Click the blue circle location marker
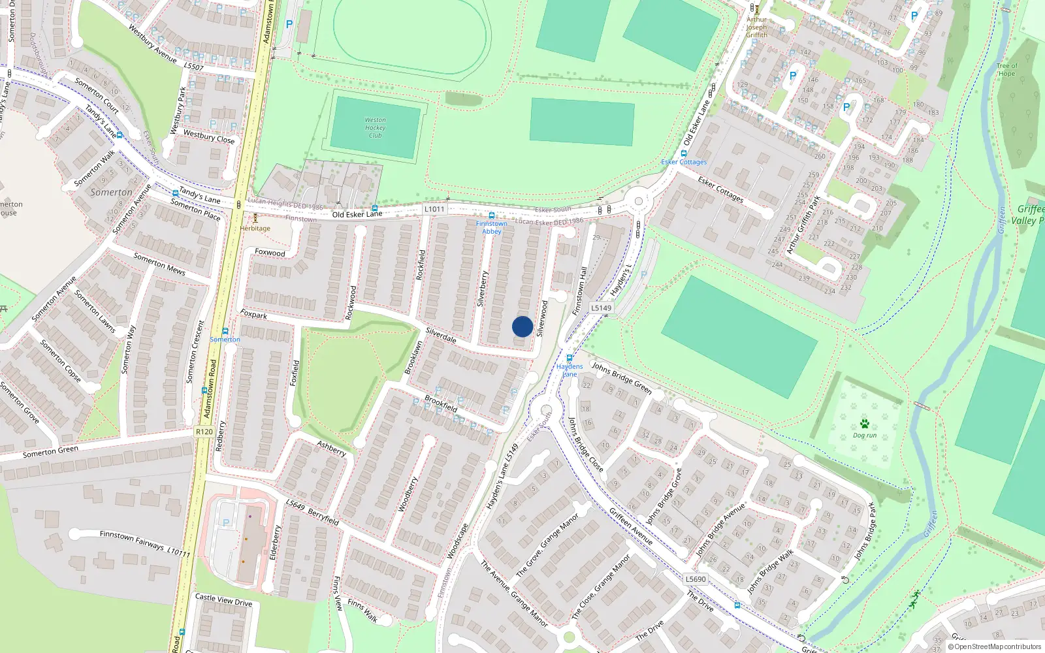click(522, 326)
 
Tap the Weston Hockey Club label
click(375, 128)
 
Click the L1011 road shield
click(434, 209)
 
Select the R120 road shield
click(204, 432)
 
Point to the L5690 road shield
click(696, 579)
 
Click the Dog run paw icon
click(865, 424)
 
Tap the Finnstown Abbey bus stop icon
click(491, 215)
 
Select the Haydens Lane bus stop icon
click(570, 358)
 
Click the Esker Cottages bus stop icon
click(684, 154)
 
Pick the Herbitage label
click(255, 229)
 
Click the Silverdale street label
click(441, 336)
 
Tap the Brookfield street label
click(441, 404)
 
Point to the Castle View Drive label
click(223, 599)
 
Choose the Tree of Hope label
click(1006, 70)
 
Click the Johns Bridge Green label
click(622, 377)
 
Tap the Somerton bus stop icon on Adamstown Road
click(225, 331)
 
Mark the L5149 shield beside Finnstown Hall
click(601, 308)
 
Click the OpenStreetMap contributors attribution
click(995, 647)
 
